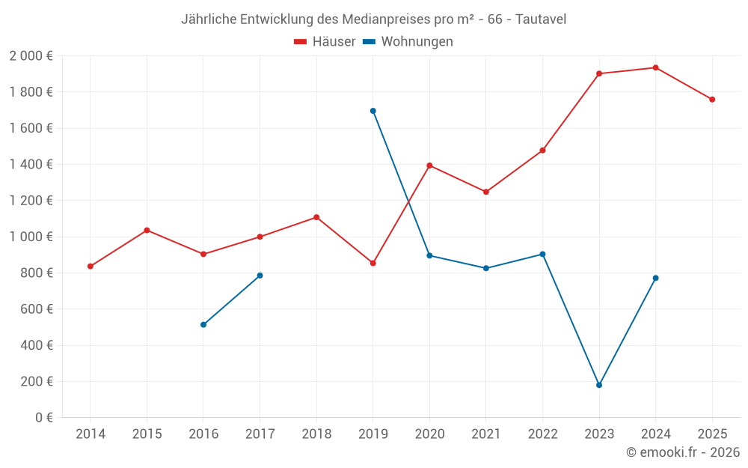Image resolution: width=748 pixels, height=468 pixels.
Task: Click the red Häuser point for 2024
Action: pos(655,67)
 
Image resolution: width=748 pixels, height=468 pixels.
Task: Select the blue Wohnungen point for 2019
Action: pos(373,111)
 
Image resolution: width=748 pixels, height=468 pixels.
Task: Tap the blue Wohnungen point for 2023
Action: pos(599,385)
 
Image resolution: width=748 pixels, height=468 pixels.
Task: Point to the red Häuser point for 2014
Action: pos(91,266)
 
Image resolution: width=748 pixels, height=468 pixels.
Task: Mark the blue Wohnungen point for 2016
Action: pos(203,324)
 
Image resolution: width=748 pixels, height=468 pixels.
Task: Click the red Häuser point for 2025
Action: pos(712,100)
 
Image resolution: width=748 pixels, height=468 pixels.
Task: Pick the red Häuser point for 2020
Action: pos(429,165)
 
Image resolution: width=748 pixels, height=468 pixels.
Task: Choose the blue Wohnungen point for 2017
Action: pos(260,276)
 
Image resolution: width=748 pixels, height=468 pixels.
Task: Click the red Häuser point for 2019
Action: pos(373,263)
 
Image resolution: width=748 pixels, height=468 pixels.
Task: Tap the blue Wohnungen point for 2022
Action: pos(542,254)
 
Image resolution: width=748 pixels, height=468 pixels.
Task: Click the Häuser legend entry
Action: pos(325,42)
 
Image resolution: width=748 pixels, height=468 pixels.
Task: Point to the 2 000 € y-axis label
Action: pos(31,56)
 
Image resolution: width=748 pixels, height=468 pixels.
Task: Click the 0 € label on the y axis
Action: pos(44,418)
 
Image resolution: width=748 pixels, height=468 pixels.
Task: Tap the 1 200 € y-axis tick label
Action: pos(31,201)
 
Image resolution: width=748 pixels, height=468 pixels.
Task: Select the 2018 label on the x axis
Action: pos(316,434)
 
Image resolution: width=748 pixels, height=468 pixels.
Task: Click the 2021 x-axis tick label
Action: pos(486,434)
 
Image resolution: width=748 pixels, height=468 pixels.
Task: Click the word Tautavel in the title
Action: pos(541,19)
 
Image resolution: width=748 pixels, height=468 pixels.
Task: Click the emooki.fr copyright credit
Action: pos(683,452)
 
